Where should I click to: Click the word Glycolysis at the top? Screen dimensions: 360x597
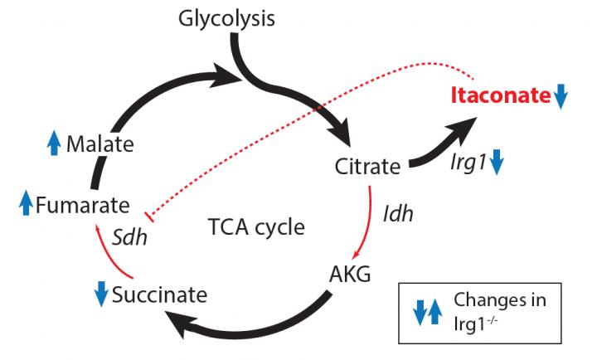pos(226,17)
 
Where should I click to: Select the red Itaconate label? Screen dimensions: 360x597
pos(501,95)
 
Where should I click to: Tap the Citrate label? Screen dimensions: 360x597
pos(368,166)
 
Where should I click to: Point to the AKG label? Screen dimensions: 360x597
pos(352,275)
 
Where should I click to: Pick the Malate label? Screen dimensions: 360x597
pos(100,144)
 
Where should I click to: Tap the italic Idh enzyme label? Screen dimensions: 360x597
pos(398,212)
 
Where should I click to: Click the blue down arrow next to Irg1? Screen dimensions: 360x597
pos(497,162)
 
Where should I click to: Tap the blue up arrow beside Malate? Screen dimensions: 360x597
pos(54,144)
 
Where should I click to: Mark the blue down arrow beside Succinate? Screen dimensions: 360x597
pos(101,292)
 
